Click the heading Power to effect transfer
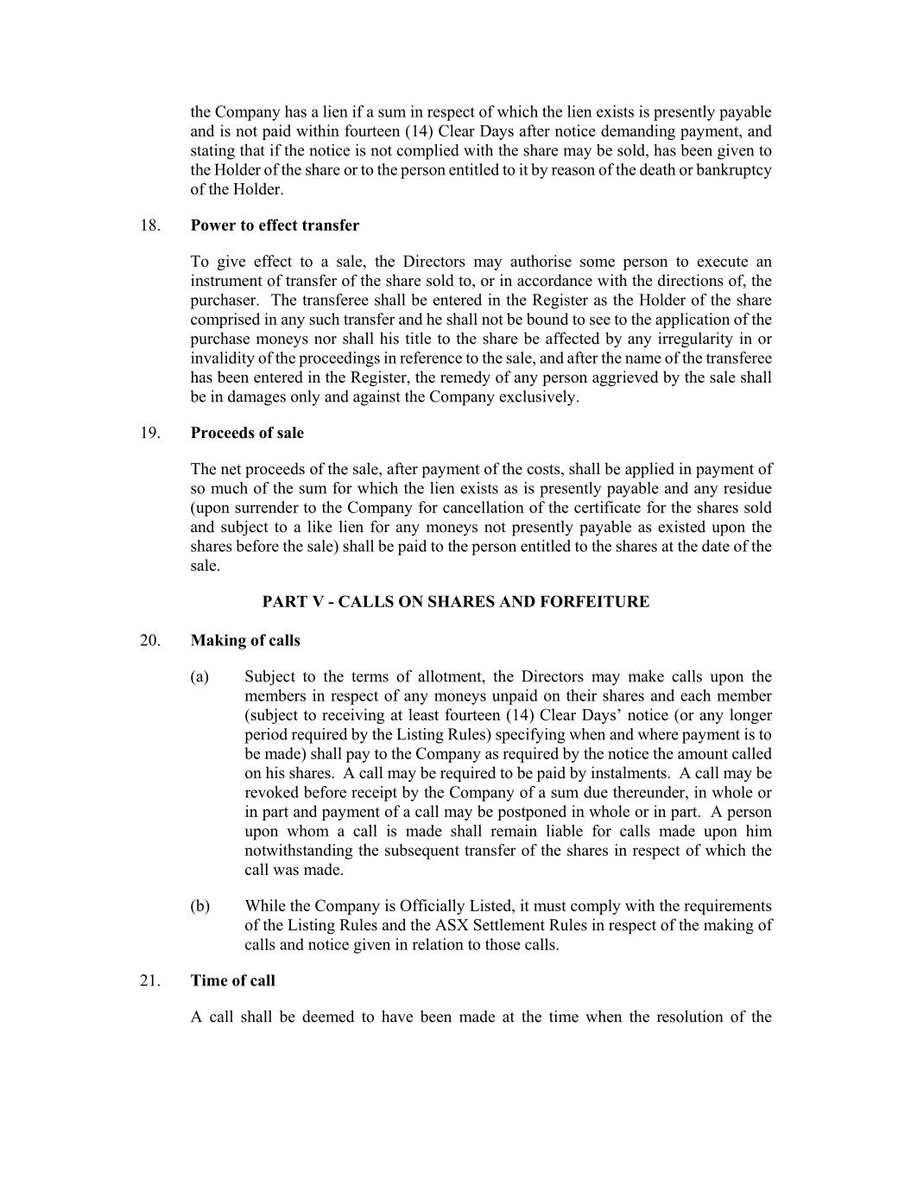click(x=275, y=225)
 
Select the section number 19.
click(x=150, y=433)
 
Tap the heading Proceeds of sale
click(x=247, y=433)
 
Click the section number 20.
click(x=150, y=640)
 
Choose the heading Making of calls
click(x=245, y=640)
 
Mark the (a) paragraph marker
click(x=199, y=676)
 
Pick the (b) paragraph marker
click(x=199, y=906)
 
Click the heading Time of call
click(x=233, y=980)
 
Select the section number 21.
click(x=150, y=980)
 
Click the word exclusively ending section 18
click(x=539, y=397)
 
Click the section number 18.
click(x=150, y=225)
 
